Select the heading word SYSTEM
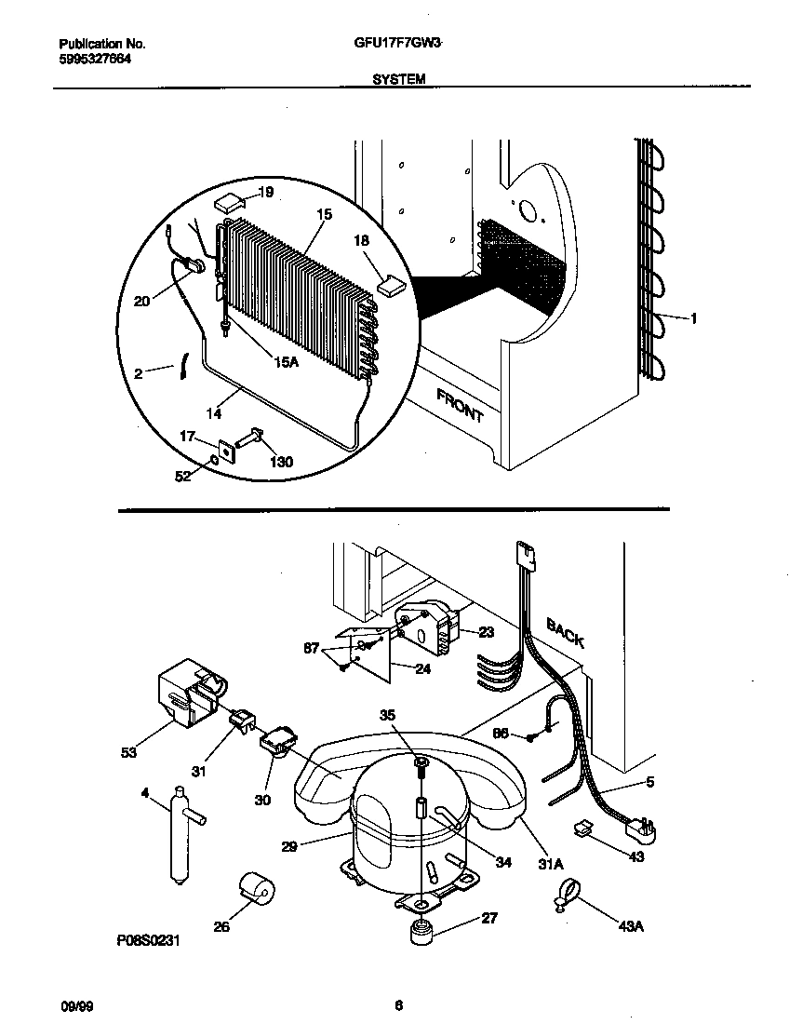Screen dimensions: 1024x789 click(x=398, y=80)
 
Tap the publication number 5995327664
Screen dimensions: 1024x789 click(x=95, y=58)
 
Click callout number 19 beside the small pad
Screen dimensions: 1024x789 click(x=265, y=193)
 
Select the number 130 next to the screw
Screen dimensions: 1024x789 click(x=282, y=462)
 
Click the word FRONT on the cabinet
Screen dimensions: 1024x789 click(x=460, y=405)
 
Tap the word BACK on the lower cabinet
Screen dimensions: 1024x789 click(x=565, y=634)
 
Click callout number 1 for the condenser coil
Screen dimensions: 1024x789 click(x=693, y=318)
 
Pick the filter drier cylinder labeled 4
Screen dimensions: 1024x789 click(x=178, y=832)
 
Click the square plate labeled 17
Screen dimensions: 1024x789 click(x=224, y=451)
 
